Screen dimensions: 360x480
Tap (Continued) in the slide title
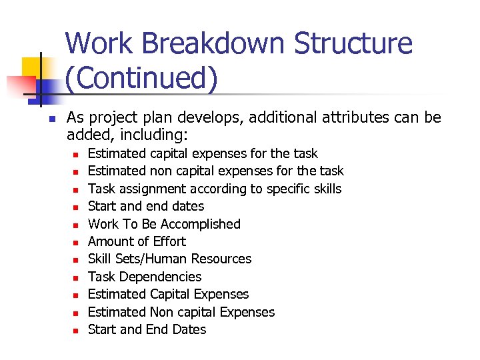click(141, 78)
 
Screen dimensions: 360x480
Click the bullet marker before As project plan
click(51, 119)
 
